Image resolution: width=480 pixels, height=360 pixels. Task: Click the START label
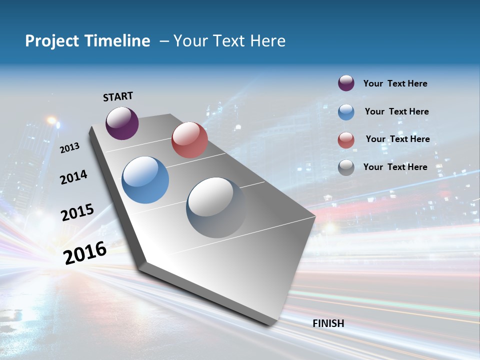pos(118,96)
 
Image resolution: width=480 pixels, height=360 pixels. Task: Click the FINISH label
pos(328,323)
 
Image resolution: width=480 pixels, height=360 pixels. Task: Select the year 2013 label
pos(70,147)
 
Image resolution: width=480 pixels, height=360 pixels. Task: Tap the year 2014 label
pos(73,177)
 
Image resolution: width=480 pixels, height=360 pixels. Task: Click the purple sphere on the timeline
pos(122,123)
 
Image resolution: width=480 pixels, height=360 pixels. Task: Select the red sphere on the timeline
pos(189,140)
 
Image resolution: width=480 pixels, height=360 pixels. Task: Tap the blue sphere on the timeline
pos(145,180)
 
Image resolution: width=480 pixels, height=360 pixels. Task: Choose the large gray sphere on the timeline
pos(216,207)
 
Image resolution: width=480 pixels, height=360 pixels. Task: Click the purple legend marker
pos(346,83)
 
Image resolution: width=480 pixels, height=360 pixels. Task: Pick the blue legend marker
pos(346,112)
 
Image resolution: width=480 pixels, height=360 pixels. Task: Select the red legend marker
pos(346,140)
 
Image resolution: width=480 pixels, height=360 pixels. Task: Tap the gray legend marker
pos(346,167)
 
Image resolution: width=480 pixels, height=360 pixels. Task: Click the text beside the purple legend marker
pos(395,83)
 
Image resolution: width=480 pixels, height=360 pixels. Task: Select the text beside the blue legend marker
pos(396,111)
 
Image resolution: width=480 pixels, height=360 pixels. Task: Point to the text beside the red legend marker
pos(397,139)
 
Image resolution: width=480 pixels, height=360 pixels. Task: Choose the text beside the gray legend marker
pos(395,167)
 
